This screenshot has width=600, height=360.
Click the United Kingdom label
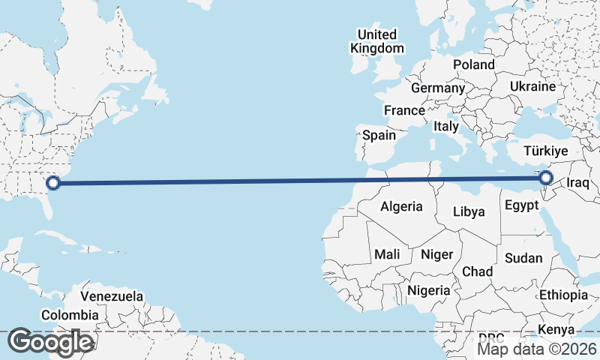[x=376, y=41]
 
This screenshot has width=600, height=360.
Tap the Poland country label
[x=473, y=64]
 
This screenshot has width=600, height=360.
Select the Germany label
[x=438, y=88]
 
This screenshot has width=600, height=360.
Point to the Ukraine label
[x=532, y=87]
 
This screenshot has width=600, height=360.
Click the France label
[x=404, y=110]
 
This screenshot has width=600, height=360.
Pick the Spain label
[x=379, y=136]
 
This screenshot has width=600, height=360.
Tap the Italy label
[x=445, y=127]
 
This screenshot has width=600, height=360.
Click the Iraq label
[x=580, y=183]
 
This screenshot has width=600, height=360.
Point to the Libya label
[x=469, y=211]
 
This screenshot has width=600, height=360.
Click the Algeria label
[x=401, y=206]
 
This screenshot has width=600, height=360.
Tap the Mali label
[x=387, y=254]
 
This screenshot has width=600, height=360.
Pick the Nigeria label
[x=429, y=289]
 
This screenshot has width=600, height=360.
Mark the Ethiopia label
[x=563, y=295]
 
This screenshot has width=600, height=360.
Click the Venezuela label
[x=112, y=296]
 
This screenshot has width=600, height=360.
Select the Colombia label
[x=70, y=315]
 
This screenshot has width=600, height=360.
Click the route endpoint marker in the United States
[x=53, y=181]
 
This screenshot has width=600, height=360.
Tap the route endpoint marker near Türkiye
[x=546, y=178]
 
